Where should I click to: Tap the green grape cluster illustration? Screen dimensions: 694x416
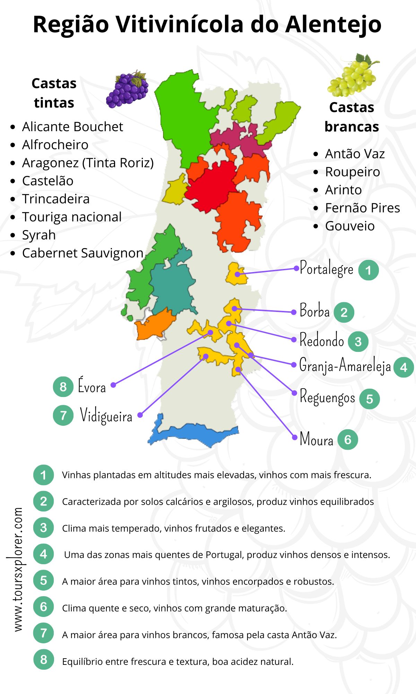(x=353, y=76)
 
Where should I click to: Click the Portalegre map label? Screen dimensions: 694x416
(x=327, y=269)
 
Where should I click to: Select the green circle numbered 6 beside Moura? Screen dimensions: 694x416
(x=347, y=440)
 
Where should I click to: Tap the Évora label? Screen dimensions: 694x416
(x=92, y=386)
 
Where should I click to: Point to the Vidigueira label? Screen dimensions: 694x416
(x=106, y=415)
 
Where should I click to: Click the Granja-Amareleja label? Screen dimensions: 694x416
(x=345, y=366)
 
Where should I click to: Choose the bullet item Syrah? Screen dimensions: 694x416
(x=39, y=235)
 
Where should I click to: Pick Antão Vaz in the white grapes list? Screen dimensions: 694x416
(x=355, y=154)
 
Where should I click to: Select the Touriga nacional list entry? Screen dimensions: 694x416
(x=72, y=217)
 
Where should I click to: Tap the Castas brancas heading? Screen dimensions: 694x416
(x=352, y=117)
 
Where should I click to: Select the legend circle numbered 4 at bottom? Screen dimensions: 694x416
(x=43, y=554)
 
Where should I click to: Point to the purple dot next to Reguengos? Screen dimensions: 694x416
(x=294, y=393)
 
